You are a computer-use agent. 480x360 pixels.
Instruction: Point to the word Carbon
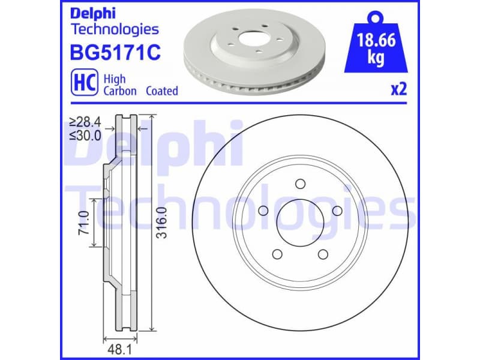tap(120, 91)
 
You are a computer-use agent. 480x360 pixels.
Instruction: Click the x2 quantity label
tap(399, 90)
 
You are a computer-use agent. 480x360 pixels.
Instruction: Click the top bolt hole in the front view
tap(301, 184)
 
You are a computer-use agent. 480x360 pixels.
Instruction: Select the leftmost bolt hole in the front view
tap(262, 211)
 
